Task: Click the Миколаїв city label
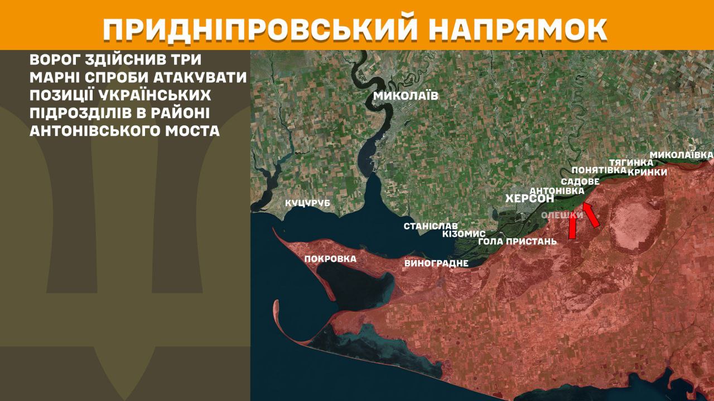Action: (406, 96)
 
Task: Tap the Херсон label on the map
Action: (529, 198)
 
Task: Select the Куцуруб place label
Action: (307, 203)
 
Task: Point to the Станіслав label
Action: (431, 226)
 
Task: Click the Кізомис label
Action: (464, 234)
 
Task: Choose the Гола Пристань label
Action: (518, 242)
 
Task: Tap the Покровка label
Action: (330, 258)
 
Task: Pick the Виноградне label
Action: (436, 263)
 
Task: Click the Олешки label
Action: (562, 215)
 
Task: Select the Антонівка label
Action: (556, 190)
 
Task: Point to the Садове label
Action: (580, 182)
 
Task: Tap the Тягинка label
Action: (630, 163)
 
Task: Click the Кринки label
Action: (647, 172)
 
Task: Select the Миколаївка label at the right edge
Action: (682, 154)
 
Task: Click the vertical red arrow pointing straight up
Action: (572, 227)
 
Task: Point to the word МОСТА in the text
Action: (192, 131)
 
